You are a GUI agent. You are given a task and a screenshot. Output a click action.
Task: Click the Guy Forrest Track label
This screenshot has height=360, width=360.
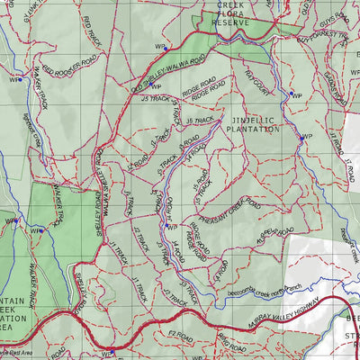pos(320,36)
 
